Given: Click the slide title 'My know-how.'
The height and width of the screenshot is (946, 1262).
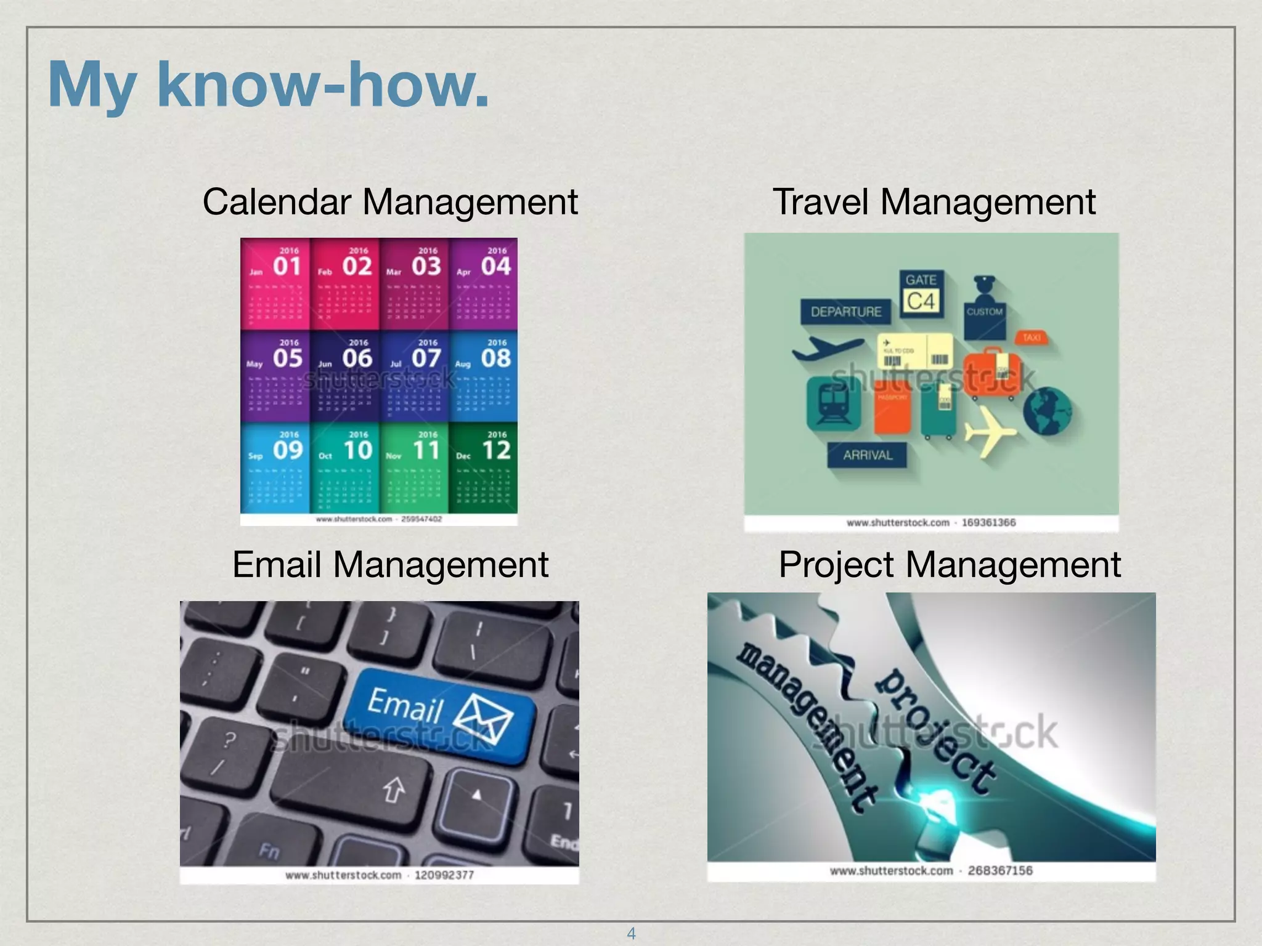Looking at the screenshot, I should (x=268, y=84).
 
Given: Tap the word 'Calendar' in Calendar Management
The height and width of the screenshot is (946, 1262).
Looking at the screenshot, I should (x=277, y=201).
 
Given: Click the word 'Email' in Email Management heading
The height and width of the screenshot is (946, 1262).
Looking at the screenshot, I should (x=277, y=564).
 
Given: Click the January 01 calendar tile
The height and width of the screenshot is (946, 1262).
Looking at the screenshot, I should (x=275, y=284).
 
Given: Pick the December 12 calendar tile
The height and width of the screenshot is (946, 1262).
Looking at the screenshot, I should (x=483, y=468).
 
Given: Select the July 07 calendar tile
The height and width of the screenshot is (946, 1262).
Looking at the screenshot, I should (x=414, y=376).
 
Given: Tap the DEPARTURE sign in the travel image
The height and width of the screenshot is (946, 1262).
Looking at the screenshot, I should (x=845, y=312).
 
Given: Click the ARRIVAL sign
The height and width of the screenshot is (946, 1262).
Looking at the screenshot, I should (x=867, y=455).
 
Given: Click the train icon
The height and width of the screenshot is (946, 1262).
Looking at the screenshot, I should (x=833, y=404).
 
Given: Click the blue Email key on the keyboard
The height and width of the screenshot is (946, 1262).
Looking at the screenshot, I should (x=438, y=714).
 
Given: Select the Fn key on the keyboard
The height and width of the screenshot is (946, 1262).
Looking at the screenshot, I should (x=269, y=851).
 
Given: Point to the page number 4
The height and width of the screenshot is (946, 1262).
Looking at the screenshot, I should (x=631, y=933).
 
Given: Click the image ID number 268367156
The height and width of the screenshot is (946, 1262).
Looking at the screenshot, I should (x=999, y=870).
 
